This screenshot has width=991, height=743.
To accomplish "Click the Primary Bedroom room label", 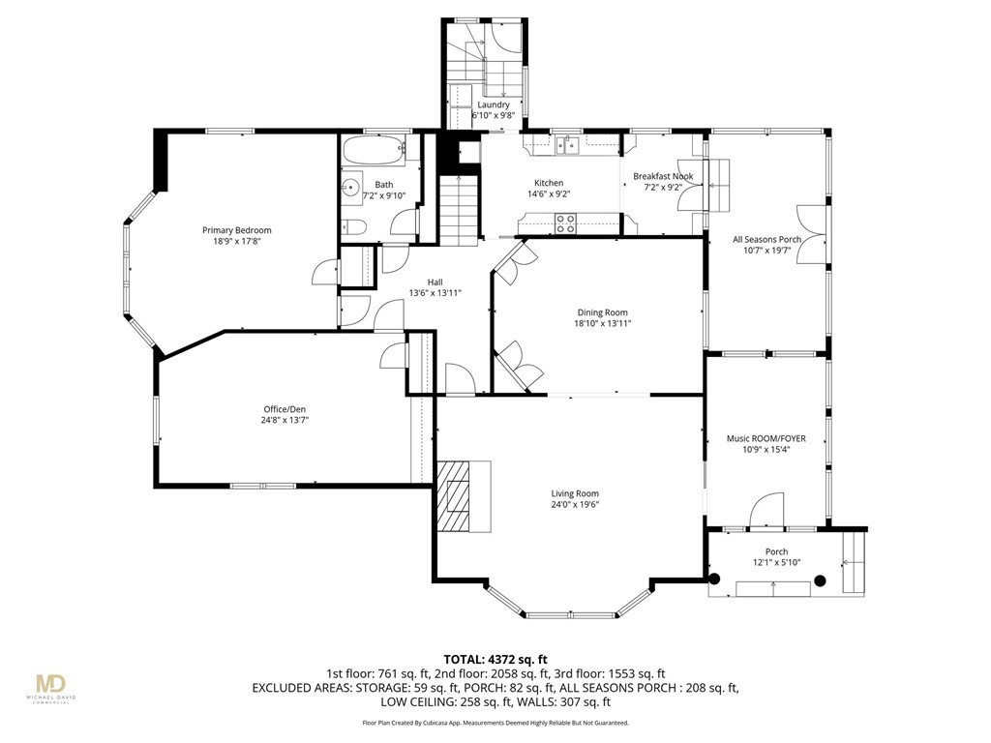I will coord(236,230).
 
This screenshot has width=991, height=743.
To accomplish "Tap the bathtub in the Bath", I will coord(374,152).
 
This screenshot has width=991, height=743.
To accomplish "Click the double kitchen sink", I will coord(568,146).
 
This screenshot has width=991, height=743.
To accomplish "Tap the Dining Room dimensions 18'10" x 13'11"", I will coord(603,324).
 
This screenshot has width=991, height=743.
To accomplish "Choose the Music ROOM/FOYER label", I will coord(766,438).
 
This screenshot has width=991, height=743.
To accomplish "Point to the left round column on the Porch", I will coord(715,579).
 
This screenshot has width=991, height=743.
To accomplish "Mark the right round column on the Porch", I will coord(820,580).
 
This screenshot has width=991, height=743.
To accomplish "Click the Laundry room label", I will coord(493,104).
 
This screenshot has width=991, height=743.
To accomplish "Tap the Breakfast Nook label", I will coord(663,176).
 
